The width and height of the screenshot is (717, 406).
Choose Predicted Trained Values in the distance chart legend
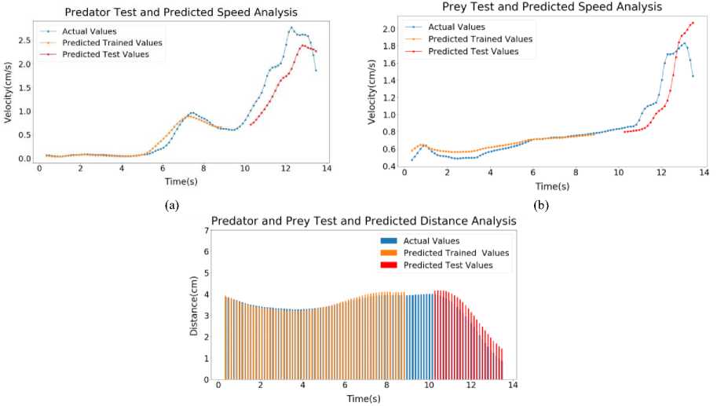(455, 253)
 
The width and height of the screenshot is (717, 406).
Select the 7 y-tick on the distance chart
(207, 231)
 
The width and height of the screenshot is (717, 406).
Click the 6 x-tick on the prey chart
(532, 171)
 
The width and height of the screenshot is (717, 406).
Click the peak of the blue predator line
(291, 27)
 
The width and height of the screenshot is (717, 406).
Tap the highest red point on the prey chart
(693, 23)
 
